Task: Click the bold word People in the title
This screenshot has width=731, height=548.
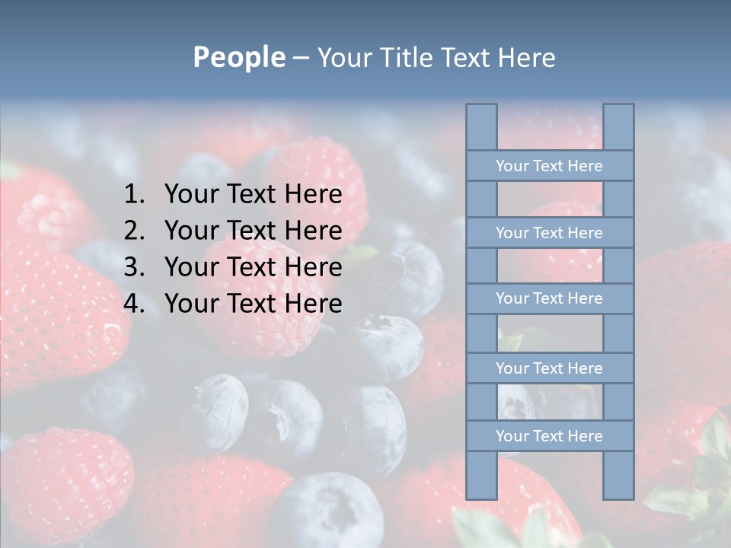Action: (239, 57)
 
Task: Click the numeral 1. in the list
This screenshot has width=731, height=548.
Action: (135, 195)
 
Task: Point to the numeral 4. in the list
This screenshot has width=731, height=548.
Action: (135, 304)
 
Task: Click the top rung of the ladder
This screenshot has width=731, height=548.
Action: (549, 166)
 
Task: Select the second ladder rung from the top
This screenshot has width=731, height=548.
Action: (549, 233)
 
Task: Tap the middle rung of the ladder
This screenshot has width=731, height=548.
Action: (549, 298)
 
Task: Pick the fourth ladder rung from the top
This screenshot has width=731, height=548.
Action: (549, 368)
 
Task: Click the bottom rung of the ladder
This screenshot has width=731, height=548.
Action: (549, 436)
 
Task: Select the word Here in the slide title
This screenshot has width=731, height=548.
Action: (527, 57)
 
